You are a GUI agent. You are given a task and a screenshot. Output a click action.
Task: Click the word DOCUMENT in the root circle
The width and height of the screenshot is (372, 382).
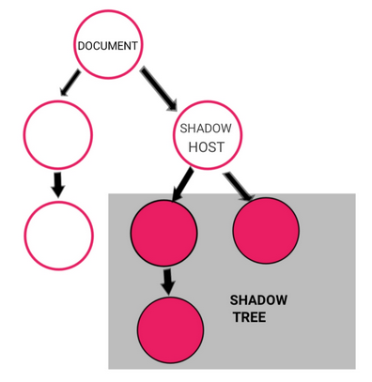[x=108, y=46]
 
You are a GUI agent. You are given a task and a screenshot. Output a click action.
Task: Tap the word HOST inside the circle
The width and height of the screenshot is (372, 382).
[x=205, y=147]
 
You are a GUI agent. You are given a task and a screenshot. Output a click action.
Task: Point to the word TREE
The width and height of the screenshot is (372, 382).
[x=250, y=318]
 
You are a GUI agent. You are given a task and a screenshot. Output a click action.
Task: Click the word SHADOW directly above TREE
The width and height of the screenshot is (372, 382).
[x=258, y=300]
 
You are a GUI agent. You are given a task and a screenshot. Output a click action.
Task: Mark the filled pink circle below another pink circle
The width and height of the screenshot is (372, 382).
[x=170, y=329]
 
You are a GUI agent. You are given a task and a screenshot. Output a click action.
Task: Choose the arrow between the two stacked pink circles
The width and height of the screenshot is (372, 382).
[x=168, y=279]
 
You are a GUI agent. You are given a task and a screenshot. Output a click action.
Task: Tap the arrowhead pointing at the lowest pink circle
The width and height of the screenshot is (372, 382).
[x=168, y=285]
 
